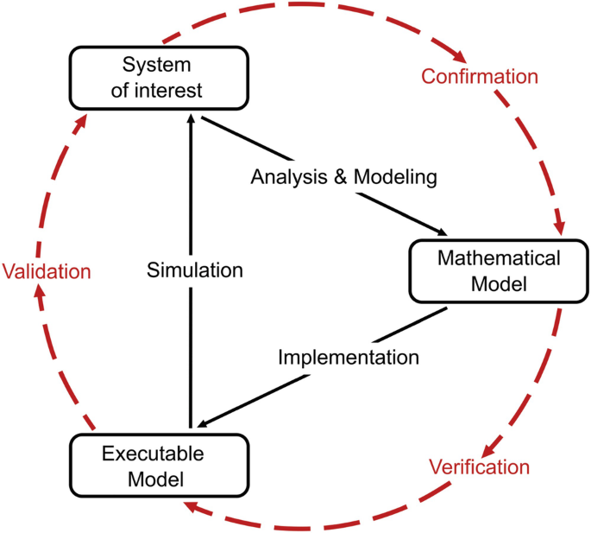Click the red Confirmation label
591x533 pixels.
[480, 76]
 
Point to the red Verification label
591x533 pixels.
[479, 467]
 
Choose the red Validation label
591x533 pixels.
[47, 271]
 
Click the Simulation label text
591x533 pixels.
[194, 270]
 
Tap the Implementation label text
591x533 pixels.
[348, 356]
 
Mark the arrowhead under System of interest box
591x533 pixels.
[190, 123]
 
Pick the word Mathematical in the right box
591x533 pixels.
[499, 257]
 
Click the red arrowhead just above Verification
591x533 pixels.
[489, 448]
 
